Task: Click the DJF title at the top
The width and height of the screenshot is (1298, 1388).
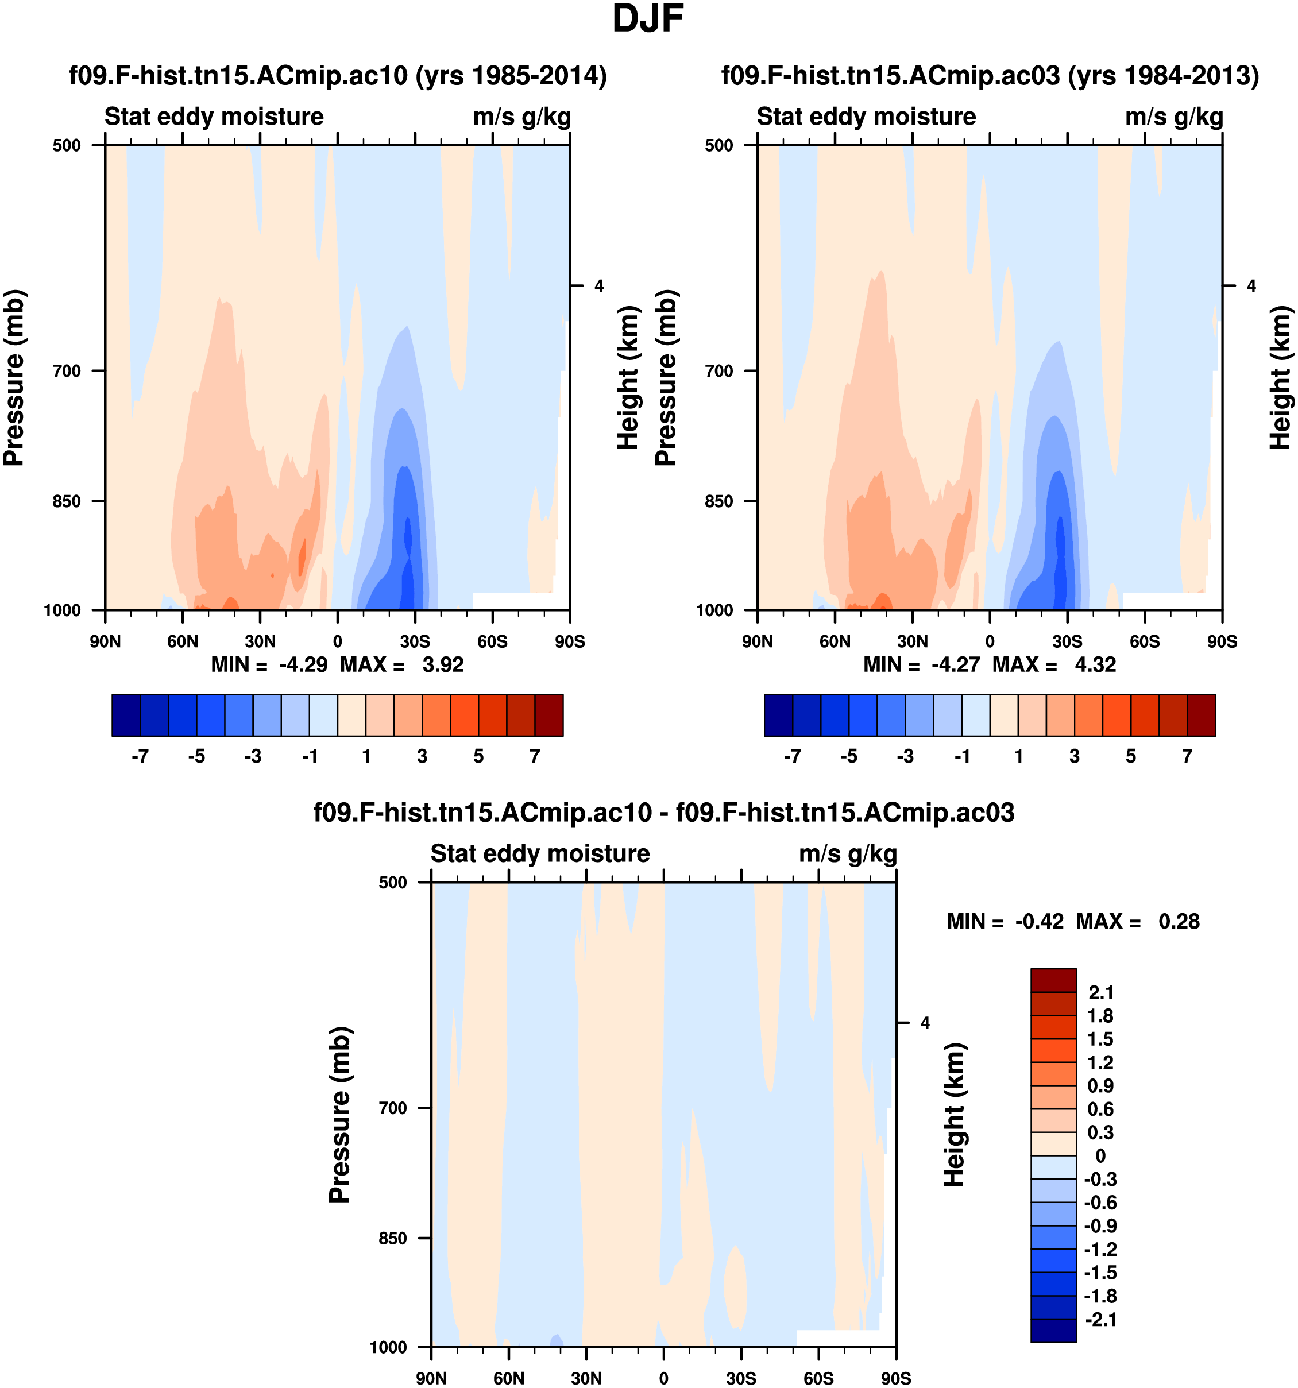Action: pyautogui.click(x=647, y=20)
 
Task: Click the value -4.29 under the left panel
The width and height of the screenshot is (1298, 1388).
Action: pyautogui.click(x=303, y=664)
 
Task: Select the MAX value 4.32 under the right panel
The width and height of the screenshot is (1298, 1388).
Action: pyautogui.click(x=1095, y=664)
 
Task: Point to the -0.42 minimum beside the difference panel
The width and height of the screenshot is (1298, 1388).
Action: pyautogui.click(x=1039, y=922)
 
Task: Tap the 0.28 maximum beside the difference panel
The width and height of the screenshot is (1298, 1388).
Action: pyautogui.click(x=1179, y=922)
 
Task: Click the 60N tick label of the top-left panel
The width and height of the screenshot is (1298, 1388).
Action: pyautogui.click(x=183, y=641)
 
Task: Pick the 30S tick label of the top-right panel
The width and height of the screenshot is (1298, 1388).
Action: pyautogui.click(x=1067, y=641)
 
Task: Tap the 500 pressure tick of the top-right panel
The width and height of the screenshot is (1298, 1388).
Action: pyautogui.click(x=718, y=146)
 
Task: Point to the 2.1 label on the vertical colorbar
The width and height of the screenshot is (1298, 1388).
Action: pyautogui.click(x=1100, y=993)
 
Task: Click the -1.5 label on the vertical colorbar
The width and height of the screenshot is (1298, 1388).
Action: pyautogui.click(x=1100, y=1272)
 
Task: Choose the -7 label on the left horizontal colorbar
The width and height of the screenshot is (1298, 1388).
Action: pyautogui.click(x=140, y=757)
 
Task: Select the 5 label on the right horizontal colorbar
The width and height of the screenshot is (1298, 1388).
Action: pyautogui.click(x=1130, y=757)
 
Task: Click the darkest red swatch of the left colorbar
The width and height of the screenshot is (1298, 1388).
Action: pyautogui.click(x=549, y=715)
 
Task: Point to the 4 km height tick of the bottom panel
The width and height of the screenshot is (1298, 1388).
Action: pyautogui.click(x=925, y=1023)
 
